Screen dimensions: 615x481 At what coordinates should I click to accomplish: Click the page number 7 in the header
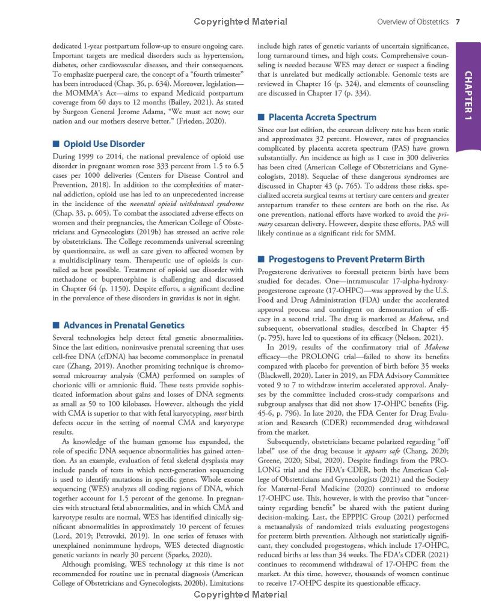pos(458,22)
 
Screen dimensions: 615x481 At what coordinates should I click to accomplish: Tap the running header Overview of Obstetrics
pos(413,22)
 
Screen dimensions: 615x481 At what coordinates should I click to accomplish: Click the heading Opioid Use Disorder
pos(104,144)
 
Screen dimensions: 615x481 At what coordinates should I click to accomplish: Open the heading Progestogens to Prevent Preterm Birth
pos(346,259)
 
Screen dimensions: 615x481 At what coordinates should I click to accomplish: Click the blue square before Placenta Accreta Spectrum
pos(261,117)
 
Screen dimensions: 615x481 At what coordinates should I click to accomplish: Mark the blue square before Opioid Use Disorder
pos(56,144)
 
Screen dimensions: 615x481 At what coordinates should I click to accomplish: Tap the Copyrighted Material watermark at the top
pos(240,22)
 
